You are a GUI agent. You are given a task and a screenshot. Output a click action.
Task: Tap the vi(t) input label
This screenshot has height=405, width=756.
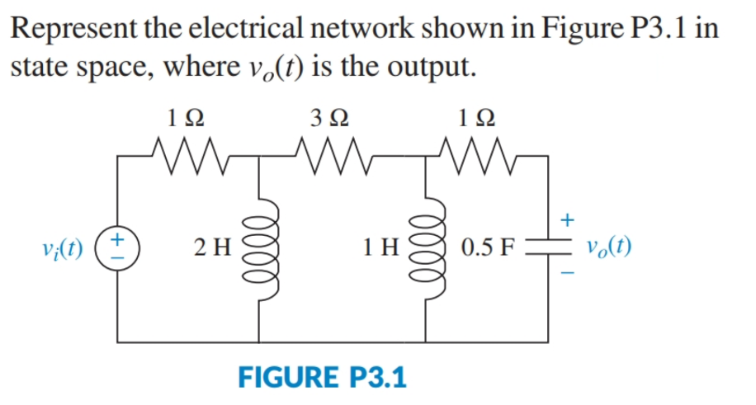[x=65, y=247]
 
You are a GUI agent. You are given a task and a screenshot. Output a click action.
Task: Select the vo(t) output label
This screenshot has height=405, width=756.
[x=609, y=247]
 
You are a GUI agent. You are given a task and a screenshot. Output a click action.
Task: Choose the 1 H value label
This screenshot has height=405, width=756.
[x=380, y=247]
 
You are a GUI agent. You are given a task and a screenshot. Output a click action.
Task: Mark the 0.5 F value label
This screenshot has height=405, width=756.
[x=489, y=247]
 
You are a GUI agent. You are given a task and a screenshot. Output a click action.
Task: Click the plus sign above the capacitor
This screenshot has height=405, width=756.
[x=566, y=219]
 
